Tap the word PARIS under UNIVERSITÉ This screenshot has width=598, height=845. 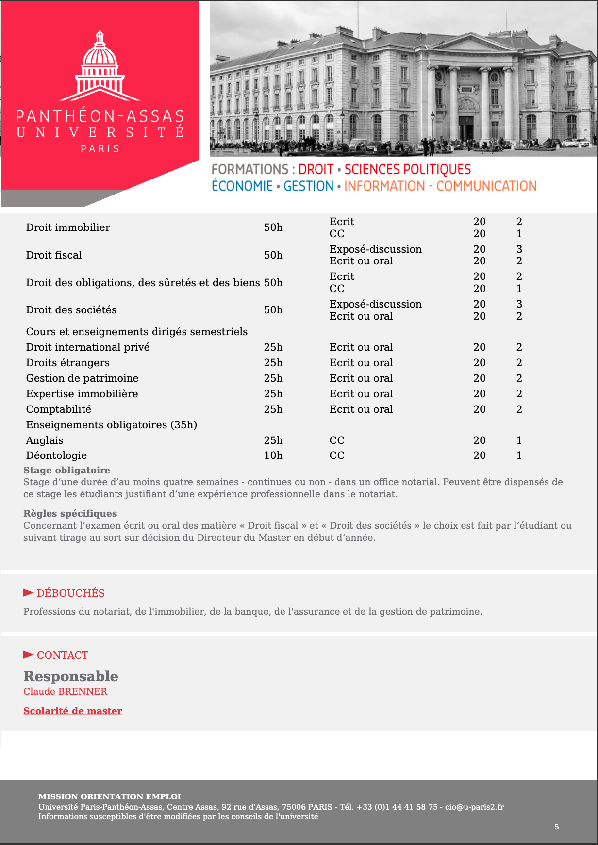pos(100,149)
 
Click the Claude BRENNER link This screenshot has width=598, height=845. pos(66,691)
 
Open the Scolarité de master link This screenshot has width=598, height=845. pos(73,711)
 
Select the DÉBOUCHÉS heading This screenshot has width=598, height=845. pos(70,593)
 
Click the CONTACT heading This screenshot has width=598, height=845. pos(62,655)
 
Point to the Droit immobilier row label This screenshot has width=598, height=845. pos(68,227)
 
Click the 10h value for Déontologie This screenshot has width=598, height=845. pos(273,455)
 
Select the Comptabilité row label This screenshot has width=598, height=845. pos(59,409)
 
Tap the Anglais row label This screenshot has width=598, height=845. pos(45,440)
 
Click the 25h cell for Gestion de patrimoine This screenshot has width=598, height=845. pos(273,378)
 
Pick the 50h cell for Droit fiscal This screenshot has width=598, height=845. pos(273,255)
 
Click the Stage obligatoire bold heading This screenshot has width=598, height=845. pos(66,470)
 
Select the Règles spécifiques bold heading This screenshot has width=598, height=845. pos(70,513)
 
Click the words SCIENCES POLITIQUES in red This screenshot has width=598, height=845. pos(408,169)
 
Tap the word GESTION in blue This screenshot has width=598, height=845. pos(308,186)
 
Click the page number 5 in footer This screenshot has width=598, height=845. pos(557,827)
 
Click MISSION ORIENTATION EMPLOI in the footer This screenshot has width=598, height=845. pos(110,796)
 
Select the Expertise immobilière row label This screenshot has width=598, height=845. pos(82,394)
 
